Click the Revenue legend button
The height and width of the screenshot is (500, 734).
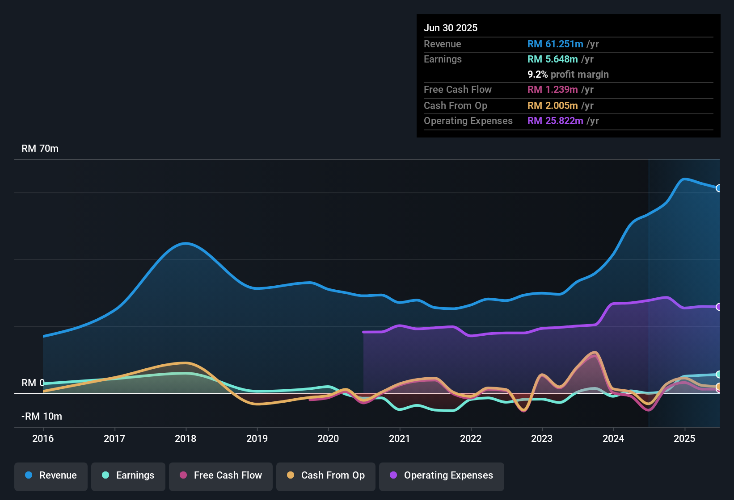[51, 475]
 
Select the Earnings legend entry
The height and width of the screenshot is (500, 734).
[128, 475]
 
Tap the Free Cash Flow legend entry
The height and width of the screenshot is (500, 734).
[221, 475]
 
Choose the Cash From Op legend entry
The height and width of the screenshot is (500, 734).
[326, 475]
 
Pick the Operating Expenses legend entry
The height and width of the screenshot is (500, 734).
[442, 475]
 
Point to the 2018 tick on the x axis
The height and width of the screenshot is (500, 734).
[186, 438]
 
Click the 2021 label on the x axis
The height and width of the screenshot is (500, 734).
[400, 438]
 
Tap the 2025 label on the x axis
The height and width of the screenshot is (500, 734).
[684, 438]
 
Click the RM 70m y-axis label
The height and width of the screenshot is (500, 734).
[40, 149]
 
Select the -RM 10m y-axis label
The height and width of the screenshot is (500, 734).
[42, 417]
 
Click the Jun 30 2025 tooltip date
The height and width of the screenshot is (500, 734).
[451, 28]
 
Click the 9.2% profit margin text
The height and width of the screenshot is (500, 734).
[568, 75]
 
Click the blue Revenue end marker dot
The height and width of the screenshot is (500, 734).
[718, 188]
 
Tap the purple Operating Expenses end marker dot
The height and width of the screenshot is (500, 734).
[718, 307]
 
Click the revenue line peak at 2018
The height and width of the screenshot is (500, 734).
[186, 243]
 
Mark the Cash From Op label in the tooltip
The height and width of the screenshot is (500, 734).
[456, 106]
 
